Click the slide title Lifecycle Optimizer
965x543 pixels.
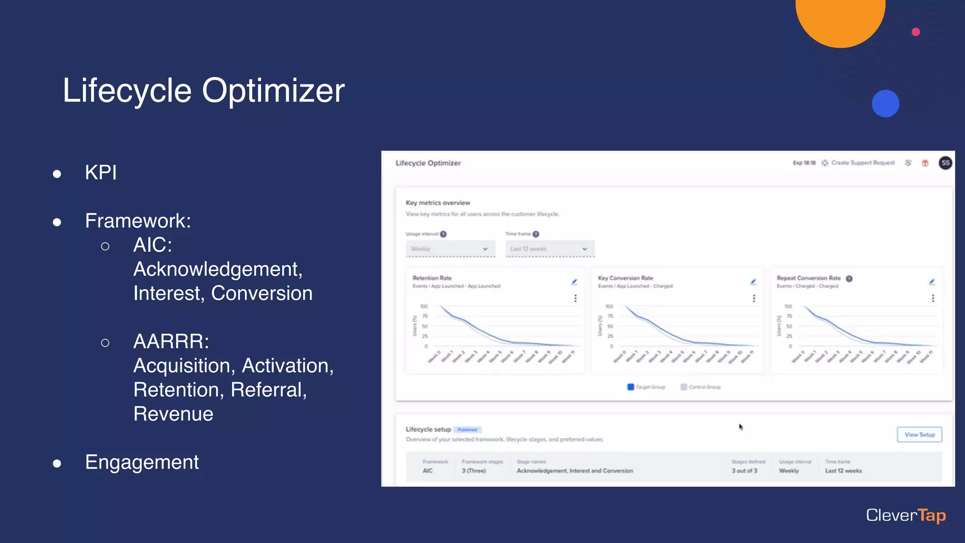coord(204,90)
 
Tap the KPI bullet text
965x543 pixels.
coord(100,173)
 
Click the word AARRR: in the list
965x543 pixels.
coord(171,341)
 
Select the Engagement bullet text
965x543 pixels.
coord(142,462)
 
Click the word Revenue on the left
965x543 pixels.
coord(173,414)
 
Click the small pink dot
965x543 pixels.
coord(916,32)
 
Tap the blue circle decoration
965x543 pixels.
coord(885,104)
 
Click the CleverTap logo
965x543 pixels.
coord(906,515)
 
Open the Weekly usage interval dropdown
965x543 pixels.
coord(450,249)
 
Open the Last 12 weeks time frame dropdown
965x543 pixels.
coord(549,249)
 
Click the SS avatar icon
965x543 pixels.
coord(945,163)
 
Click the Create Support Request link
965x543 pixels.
coord(862,163)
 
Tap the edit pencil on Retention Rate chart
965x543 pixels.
coord(574,282)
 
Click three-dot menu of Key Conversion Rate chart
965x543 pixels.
coord(754,298)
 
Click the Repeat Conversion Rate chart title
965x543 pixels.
coord(808,278)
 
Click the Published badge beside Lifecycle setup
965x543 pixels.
coord(467,430)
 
